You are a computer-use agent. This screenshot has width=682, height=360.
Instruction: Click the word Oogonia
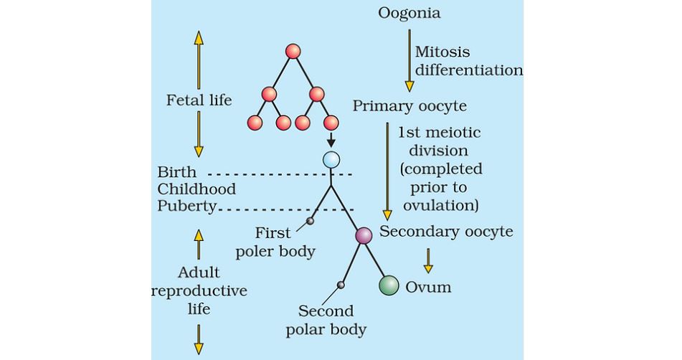tap(409, 13)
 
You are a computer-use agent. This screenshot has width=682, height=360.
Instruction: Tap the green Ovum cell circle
tap(389, 285)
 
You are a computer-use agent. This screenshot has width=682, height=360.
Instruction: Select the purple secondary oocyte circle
tap(364, 235)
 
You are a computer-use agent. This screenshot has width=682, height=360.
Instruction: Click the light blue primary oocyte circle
tap(331, 160)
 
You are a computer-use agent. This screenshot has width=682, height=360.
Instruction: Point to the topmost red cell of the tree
tap(293, 51)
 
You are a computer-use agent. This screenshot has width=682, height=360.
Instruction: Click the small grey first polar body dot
tap(310, 221)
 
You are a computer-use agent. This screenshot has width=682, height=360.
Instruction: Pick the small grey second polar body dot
tap(341, 285)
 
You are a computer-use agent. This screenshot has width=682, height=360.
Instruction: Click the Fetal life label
tap(199, 100)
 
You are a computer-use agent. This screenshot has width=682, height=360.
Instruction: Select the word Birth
tap(175, 173)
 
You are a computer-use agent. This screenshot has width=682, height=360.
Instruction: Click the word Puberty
tap(187, 206)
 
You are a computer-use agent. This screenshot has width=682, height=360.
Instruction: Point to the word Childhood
tap(196, 189)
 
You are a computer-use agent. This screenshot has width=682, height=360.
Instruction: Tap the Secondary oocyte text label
tap(446, 232)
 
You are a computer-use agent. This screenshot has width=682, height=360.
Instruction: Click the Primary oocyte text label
tap(409, 106)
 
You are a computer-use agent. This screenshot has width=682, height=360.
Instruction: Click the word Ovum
tap(428, 287)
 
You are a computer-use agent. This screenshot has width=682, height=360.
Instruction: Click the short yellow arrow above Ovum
tap(428, 260)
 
